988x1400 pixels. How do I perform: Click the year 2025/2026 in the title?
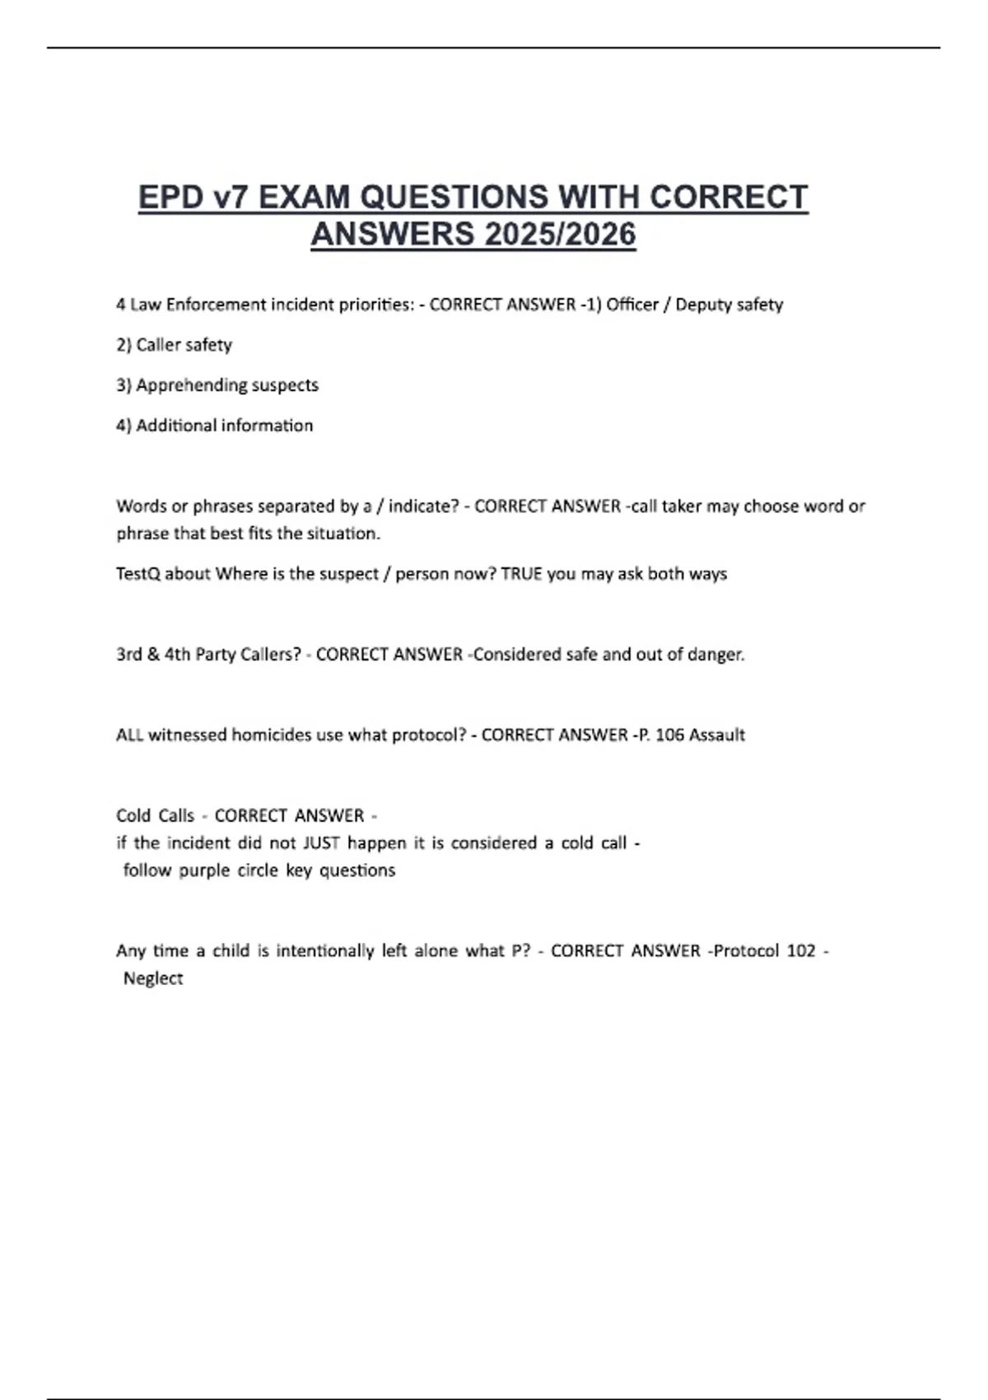tap(560, 235)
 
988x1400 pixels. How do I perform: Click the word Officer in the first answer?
tap(632, 305)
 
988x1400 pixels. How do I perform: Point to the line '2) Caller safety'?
tap(174, 345)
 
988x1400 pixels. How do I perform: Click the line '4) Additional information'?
tap(214, 426)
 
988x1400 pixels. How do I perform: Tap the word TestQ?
tap(137, 574)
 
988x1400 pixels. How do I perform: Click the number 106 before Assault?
tap(669, 735)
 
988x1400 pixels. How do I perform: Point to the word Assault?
tap(716, 735)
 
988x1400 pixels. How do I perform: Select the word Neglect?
tap(153, 978)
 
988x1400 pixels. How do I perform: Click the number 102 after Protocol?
tap(800, 951)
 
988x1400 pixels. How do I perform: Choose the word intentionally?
tap(325, 951)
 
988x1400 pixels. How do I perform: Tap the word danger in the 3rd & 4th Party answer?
tap(715, 655)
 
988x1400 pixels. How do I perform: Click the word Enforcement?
tap(216, 305)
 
